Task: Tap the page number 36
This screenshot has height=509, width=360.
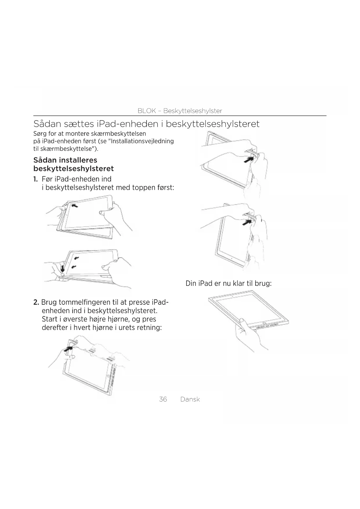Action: point(163,399)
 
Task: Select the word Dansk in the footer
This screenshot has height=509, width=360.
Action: point(190,399)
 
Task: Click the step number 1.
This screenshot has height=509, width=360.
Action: point(35,179)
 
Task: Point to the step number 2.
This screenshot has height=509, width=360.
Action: point(36,302)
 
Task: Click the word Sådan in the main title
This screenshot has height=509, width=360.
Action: point(48,124)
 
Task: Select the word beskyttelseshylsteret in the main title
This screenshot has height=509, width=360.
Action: point(212,124)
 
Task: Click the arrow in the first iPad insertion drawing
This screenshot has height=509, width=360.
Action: point(75,206)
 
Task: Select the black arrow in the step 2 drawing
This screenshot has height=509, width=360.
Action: point(68,349)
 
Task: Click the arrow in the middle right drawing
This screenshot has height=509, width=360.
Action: point(247,222)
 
